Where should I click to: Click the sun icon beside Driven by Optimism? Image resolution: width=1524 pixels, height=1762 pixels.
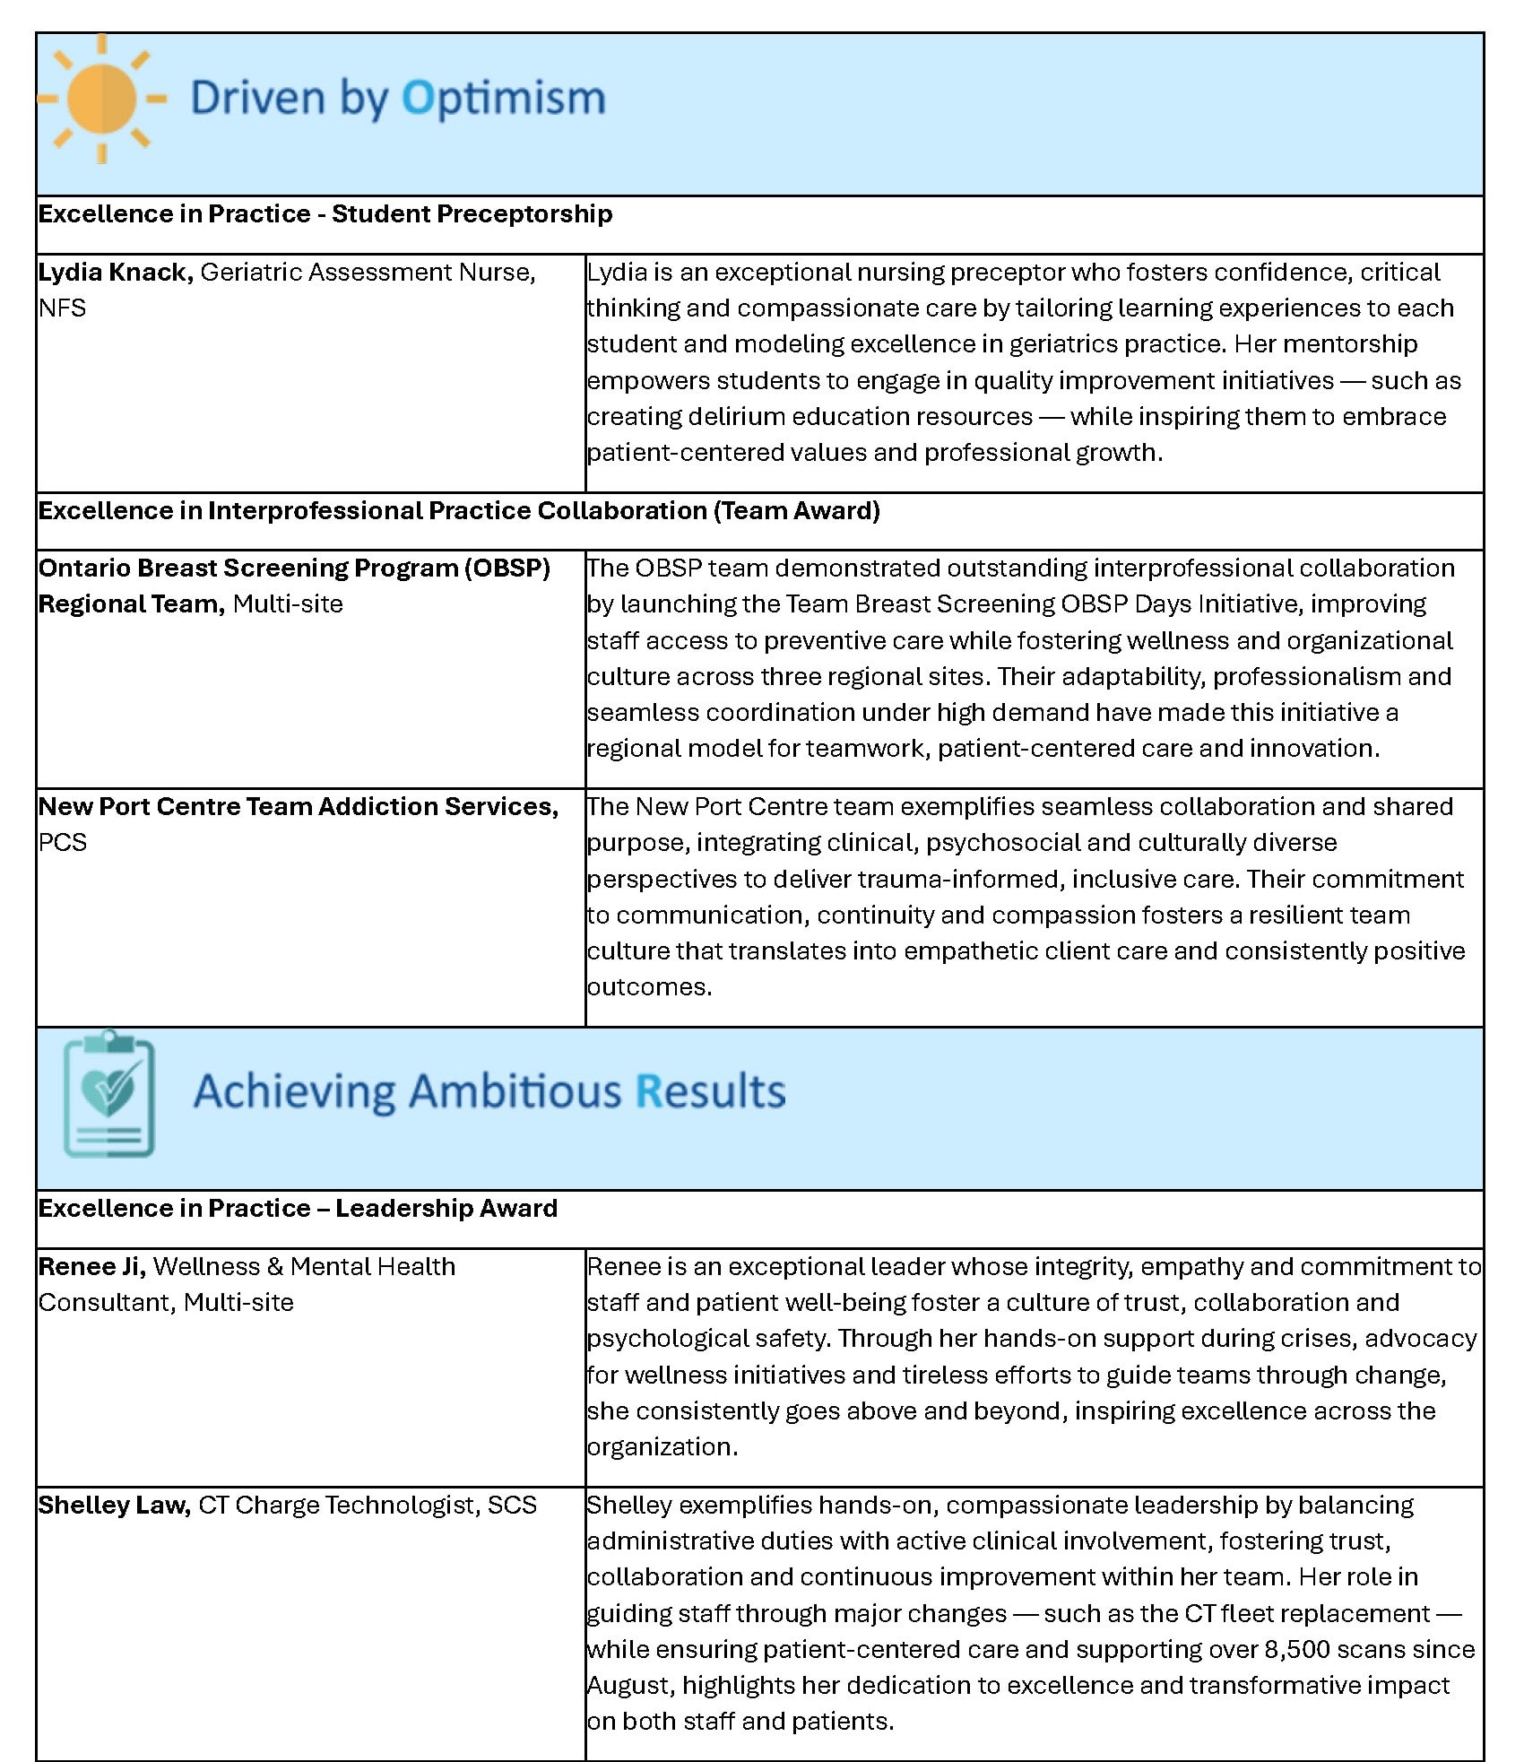click(102, 99)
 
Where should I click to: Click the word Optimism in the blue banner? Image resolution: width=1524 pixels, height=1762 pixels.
click(504, 99)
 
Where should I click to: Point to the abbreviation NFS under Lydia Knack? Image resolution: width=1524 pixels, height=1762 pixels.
click(62, 308)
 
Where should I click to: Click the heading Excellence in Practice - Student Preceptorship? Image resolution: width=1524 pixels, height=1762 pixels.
click(325, 214)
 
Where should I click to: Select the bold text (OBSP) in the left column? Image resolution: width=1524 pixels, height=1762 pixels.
click(507, 569)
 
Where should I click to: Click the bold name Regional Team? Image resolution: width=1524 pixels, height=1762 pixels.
click(131, 604)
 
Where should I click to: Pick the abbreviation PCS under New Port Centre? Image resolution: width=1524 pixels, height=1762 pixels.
click(62, 843)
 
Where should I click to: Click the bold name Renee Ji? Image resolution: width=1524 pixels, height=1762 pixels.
click(91, 1267)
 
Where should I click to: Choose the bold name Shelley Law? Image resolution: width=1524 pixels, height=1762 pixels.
click(114, 1506)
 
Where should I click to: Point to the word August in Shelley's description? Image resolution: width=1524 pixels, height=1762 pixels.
click(629, 1686)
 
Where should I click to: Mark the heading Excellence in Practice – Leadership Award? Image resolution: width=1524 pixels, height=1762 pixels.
click(298, 1209)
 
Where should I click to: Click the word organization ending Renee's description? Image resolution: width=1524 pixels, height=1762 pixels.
click(661, 1447)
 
